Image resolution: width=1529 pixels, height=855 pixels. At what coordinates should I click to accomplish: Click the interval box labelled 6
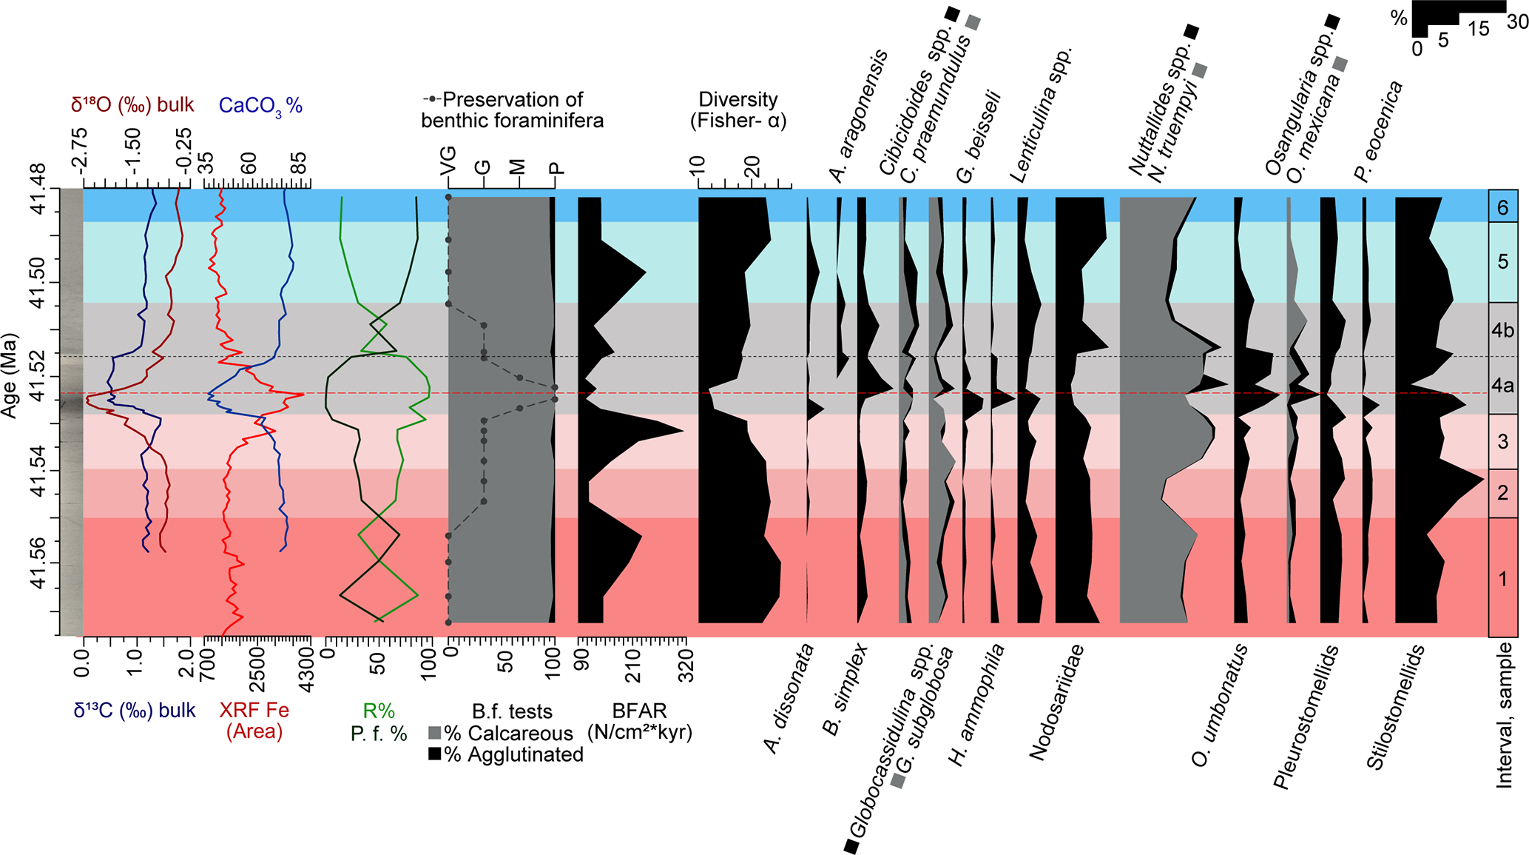1502,207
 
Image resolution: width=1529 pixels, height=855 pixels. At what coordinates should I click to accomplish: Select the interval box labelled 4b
1502,330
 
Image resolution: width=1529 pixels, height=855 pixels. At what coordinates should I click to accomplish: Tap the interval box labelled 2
1502,493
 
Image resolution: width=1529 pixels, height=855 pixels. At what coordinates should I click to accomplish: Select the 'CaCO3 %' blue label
260,106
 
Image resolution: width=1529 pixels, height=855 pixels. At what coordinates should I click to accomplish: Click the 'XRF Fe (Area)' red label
254,721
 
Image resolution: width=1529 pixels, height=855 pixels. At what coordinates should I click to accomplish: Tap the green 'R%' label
379,711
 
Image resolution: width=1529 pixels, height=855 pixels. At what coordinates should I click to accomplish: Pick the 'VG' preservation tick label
448,161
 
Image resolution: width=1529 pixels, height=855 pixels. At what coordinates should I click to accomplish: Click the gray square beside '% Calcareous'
435,734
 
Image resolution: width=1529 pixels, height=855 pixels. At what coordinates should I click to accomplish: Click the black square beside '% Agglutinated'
435,754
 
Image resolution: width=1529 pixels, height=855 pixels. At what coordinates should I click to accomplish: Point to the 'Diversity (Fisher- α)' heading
738,110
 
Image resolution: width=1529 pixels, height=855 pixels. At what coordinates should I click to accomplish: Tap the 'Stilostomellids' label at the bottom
1395,707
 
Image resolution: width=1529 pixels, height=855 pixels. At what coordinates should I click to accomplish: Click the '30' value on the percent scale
1517,23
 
